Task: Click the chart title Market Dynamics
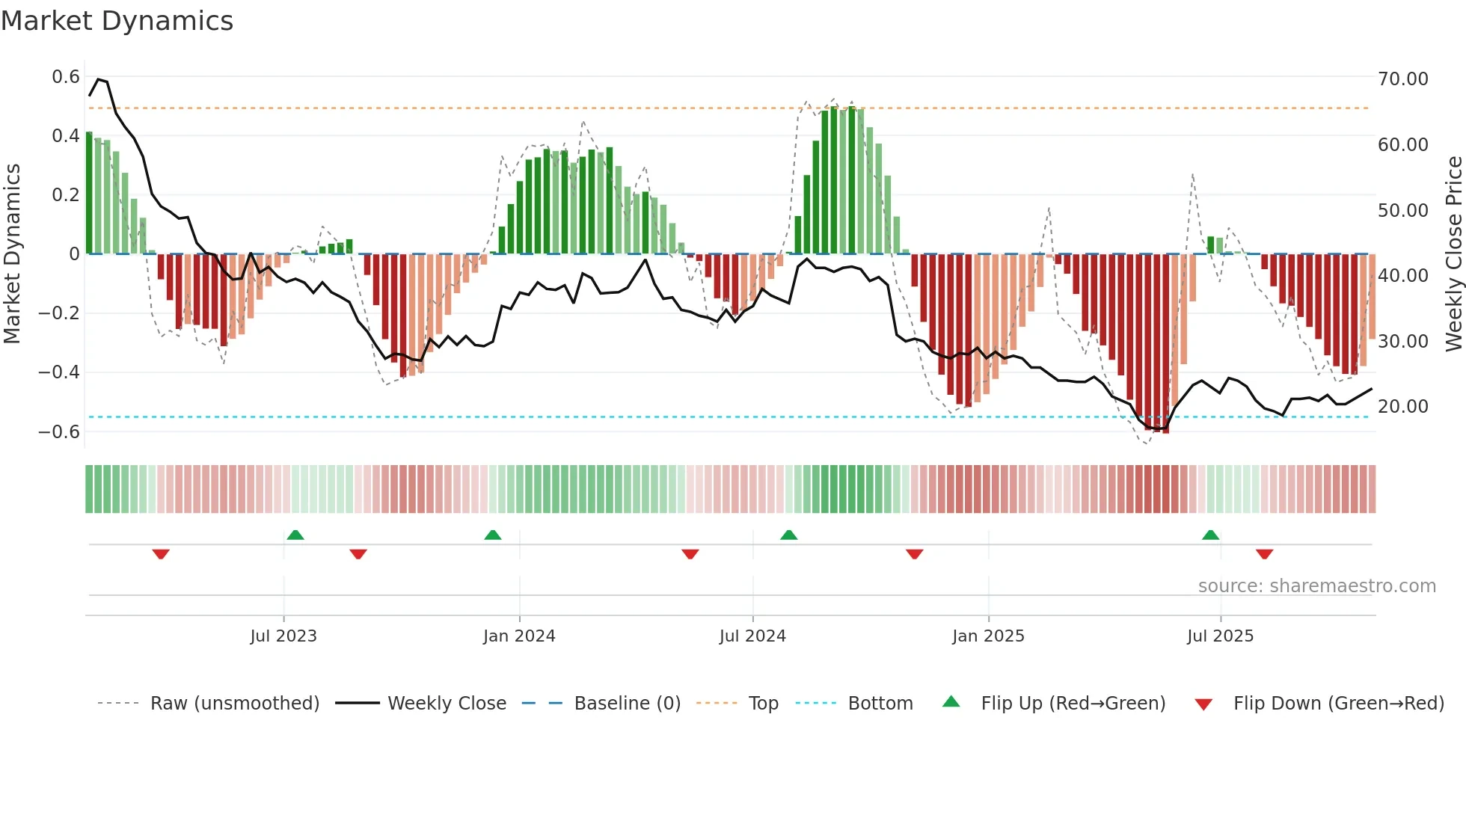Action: point(117,21)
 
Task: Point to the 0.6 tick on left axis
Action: point(66,77)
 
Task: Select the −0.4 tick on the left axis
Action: point(59,372)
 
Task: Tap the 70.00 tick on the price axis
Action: point(1402,79)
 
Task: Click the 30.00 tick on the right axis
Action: point(1402,341)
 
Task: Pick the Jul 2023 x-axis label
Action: point(283,636)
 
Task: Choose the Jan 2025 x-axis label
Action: point(988,636)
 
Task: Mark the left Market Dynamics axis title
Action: point(13,254)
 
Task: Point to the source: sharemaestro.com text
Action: point(1316,586)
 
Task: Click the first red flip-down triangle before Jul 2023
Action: point(161,554)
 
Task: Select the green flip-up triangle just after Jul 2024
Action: point(789,535)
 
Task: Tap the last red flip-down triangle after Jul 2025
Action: point(1265,554)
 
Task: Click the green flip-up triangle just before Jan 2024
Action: point(493,535)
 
